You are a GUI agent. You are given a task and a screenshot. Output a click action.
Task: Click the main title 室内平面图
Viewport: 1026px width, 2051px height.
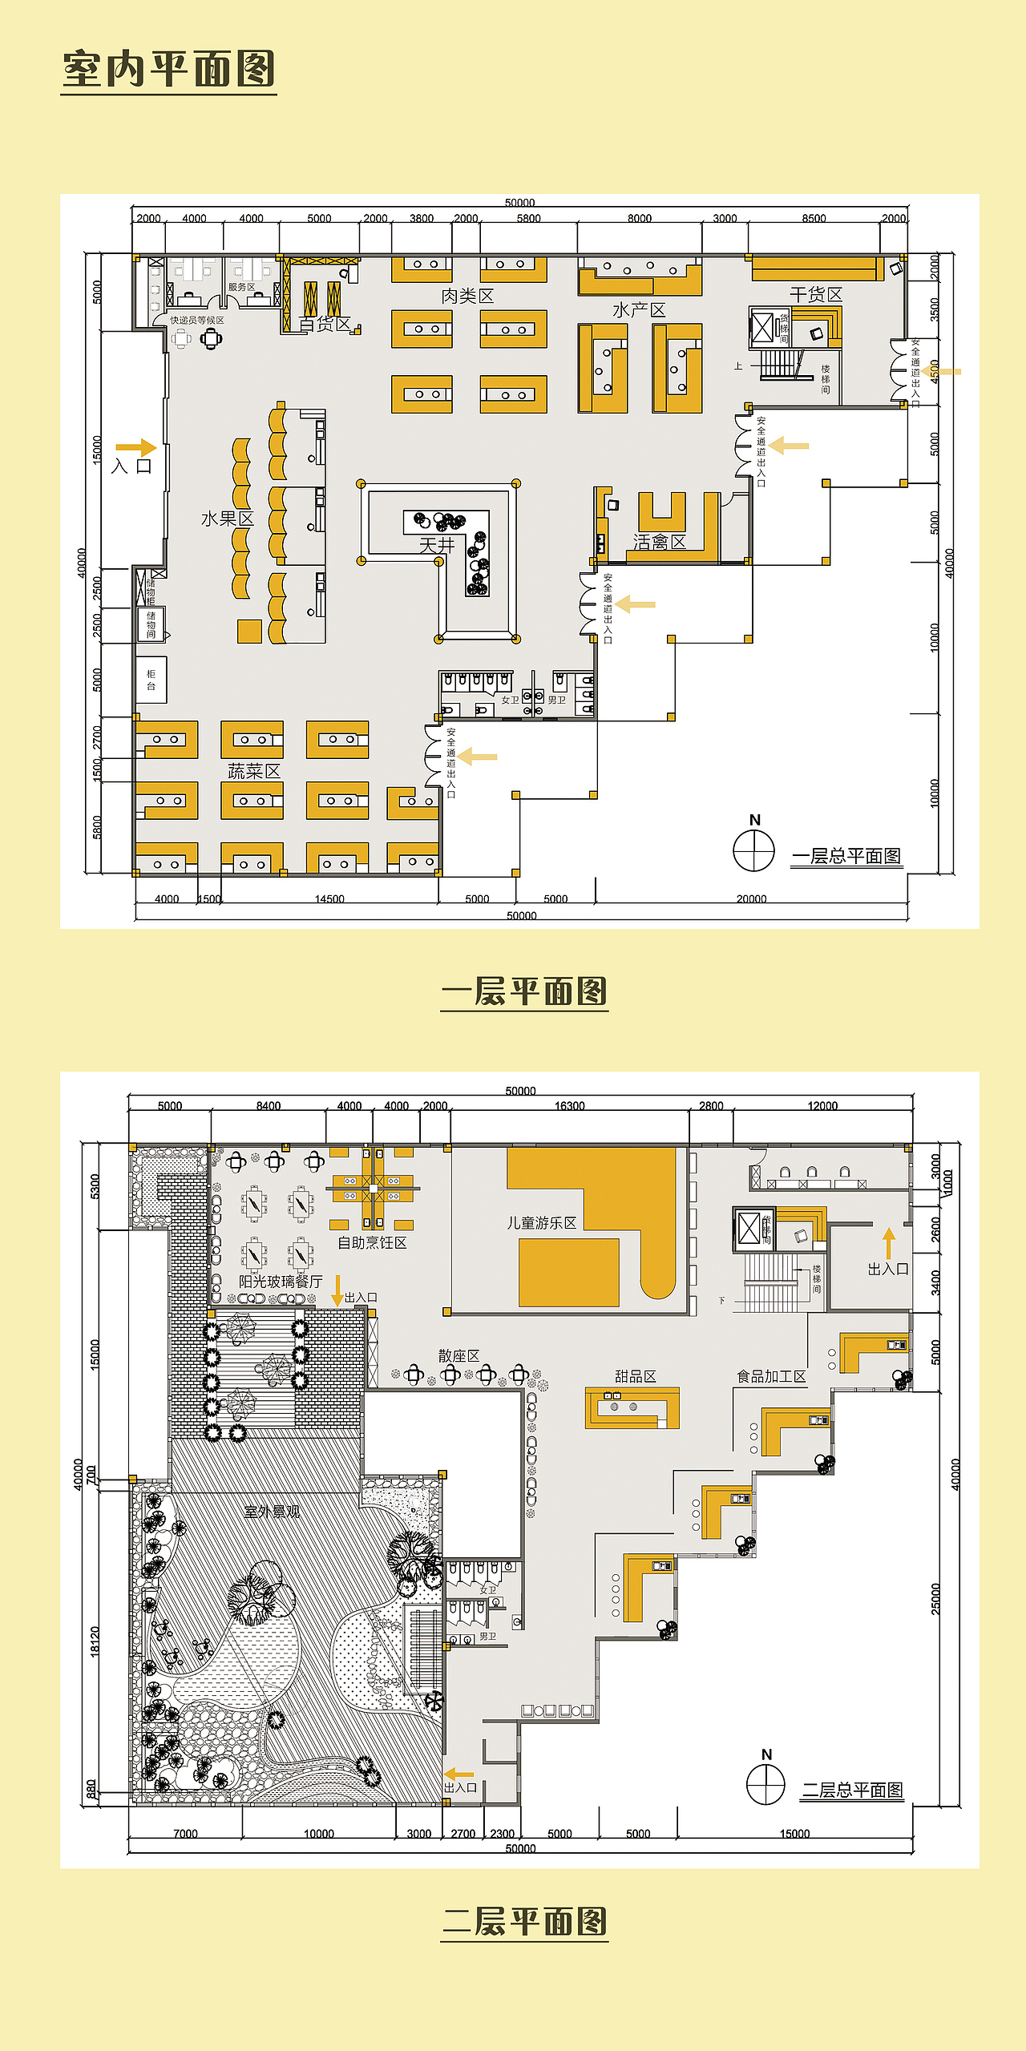tap(168, 69)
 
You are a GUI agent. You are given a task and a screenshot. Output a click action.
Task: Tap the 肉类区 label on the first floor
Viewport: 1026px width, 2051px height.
tap(467, 297)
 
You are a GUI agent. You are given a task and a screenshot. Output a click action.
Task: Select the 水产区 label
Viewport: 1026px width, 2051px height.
tap(639, 310)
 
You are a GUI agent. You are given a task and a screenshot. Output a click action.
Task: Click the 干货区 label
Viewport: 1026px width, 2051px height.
tap(816, 295)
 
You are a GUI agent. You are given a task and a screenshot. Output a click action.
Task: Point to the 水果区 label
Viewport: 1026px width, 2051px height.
tap(227, 519)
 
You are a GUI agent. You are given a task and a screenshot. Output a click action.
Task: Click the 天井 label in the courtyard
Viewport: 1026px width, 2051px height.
tap(437, 546)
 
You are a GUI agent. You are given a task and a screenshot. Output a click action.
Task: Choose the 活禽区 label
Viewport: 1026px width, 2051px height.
tap(659, 543)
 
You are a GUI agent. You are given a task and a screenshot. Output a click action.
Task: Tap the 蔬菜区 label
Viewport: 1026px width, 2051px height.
tap(253, 772)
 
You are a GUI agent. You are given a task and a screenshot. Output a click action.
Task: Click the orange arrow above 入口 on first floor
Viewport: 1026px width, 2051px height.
tap(135, 447)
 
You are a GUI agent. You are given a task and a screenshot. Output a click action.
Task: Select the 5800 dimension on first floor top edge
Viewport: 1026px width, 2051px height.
tap(528, 218)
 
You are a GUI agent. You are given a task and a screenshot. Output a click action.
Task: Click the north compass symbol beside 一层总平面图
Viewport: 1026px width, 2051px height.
tap(753, 850)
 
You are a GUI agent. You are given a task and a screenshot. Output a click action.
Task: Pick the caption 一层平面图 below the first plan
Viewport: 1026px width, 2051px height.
tap(524, 992)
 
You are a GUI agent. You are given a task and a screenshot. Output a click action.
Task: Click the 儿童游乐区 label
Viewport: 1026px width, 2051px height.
tap(541, 1223)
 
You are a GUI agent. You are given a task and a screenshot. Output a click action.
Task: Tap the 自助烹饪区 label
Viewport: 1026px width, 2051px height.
tap(372, 1243)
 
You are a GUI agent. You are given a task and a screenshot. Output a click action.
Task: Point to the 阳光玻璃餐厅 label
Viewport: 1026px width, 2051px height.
tap(281, 1282)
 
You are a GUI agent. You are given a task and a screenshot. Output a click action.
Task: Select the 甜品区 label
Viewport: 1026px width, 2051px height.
tap(635, 1376)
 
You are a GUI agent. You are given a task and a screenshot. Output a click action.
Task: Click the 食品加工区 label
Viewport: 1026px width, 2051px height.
tap(771, 1376)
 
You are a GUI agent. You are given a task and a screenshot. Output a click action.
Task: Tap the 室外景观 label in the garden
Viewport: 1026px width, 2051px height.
tap(272, 1512)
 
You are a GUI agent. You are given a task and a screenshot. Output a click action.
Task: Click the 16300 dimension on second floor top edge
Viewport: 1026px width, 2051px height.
tap(569, 1106)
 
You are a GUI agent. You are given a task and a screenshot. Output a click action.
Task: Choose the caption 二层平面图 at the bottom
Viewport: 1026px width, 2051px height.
tap(524, 1922)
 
